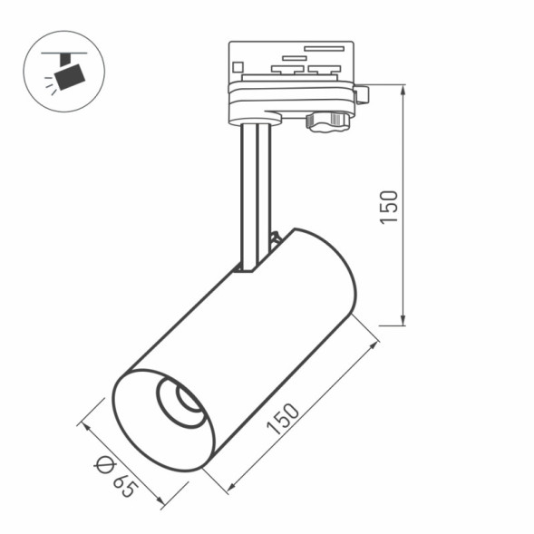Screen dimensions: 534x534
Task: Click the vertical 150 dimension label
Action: [389, 207]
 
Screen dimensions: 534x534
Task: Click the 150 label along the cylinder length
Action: [283, 418]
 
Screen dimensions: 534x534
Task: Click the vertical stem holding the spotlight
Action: [256, 195]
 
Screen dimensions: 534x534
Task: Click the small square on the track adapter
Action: [238, 66]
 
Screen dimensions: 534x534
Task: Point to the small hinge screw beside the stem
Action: [275, 239]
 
